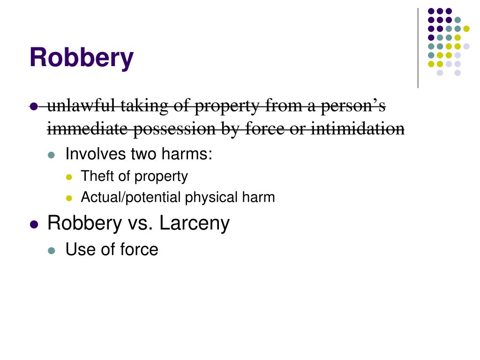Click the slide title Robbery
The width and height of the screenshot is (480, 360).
[x=81, y=58]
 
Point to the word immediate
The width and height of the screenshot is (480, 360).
[x=88, y=128]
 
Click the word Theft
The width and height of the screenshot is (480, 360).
[x=96, y=176]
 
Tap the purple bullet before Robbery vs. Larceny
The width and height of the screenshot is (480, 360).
[x=33, y=225]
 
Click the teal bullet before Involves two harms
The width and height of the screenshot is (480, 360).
[x=52, y=155]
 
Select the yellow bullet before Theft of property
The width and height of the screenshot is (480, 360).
[x=69, y=178]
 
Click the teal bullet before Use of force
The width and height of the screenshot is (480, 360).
[x=52, y=250]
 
